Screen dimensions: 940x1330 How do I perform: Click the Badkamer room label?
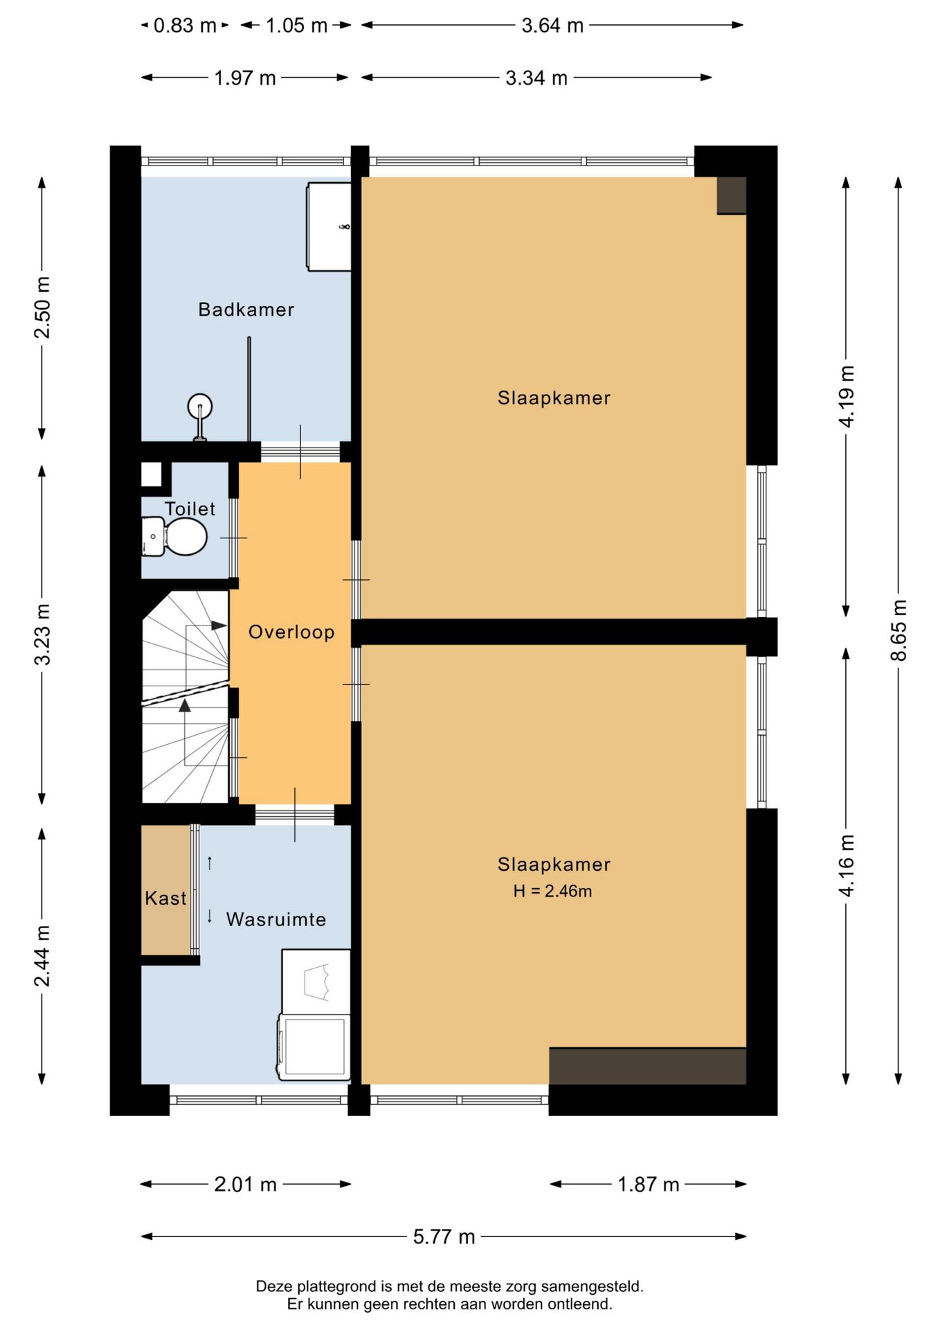pos(246,310)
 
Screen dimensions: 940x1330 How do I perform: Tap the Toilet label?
pos(190,509)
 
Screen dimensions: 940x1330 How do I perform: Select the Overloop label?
pos(291,632)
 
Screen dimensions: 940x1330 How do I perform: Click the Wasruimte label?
pos(275,920)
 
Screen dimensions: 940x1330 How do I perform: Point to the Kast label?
pos(165,898)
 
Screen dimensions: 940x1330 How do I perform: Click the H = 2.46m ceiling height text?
pos(552,892)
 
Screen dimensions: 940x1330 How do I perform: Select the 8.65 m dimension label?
pos(898,630)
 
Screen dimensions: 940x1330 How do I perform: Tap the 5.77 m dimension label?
pos(444,1236)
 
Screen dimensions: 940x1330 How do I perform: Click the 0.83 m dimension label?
pos(185,26)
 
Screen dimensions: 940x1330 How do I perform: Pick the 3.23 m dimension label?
pos(43,635)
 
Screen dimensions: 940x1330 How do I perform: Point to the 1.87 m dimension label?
pos(648,1184)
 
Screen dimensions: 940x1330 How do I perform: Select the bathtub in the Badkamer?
pos(329,227)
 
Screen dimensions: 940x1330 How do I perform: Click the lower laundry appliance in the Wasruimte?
pos(314,1047)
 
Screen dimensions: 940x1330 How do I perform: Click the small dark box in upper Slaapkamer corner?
pos(731,195)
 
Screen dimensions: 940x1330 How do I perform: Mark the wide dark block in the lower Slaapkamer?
pos(647,1066)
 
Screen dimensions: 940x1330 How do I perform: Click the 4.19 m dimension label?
pos(847,396)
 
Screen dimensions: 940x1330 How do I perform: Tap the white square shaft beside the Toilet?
pos(151,475)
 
